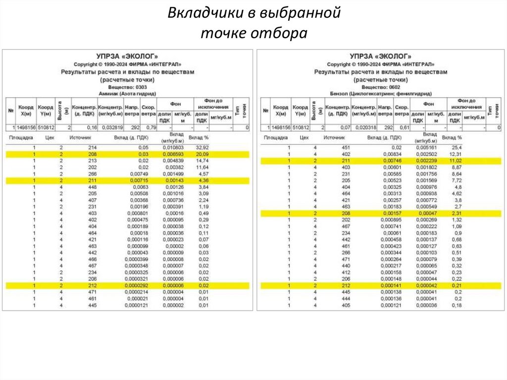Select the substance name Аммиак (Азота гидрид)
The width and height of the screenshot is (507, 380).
point(128,93)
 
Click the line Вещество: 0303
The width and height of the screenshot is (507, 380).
point(128,86)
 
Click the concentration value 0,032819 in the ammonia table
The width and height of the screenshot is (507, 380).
point(110,127)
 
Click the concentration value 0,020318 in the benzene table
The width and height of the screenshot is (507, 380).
point(363,127)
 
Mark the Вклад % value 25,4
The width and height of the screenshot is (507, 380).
point(456,148)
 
